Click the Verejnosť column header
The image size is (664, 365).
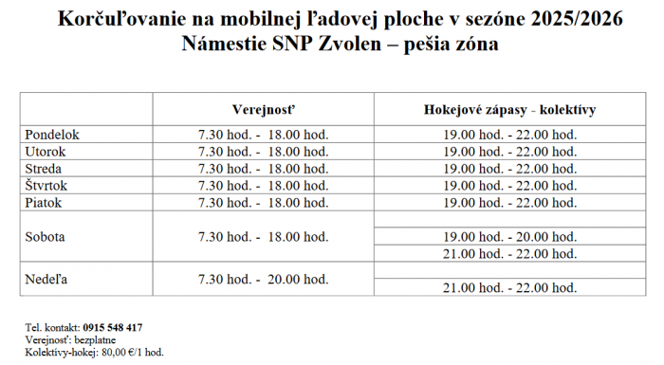pos(263,109)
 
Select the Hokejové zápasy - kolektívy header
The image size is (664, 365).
pos(509,109)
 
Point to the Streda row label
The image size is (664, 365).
pos(44,169)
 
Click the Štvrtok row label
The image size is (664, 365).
pos(47,185)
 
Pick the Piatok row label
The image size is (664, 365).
pos(44,202)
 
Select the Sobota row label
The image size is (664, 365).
pos(46,236)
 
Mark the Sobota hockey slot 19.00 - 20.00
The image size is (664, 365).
pos(509,236)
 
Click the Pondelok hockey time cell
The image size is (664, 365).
pos(509,135)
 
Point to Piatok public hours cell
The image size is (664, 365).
pos(263,202)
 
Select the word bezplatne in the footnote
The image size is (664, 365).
pos(93,339)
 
